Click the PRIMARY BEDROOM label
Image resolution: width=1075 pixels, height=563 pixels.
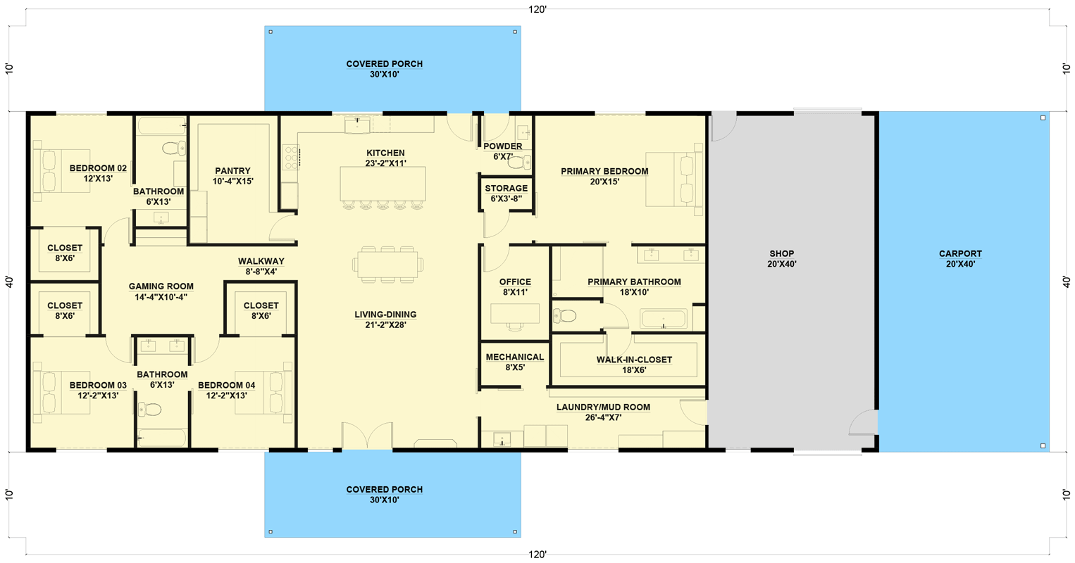coord(604,171)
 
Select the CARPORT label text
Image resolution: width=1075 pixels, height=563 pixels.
coord(959,254)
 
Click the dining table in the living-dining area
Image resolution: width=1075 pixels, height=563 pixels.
coord(387,264)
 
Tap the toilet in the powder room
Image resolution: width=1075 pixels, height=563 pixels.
coord(519,163)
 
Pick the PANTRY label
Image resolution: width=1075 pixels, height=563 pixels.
coord(232,171)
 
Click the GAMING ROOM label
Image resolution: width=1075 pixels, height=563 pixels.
coord(161,286)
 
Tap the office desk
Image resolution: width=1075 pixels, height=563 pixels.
coord(514,312)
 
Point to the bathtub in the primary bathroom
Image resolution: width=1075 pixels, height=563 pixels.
coord(663,320)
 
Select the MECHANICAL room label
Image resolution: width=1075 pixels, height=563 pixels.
coord(514,358)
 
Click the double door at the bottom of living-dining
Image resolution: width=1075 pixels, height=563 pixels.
coord(367,436)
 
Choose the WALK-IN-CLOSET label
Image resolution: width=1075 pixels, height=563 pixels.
coord(634,360)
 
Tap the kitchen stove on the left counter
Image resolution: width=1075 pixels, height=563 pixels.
coord(290,157)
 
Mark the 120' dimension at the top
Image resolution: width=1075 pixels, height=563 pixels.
coord(537,9)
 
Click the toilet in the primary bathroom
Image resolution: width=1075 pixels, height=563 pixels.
coord(565,316)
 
